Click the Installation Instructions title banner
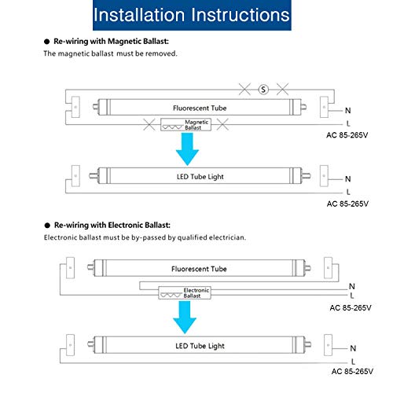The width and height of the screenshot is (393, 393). (x=192, y=15)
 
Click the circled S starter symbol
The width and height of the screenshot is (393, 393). (x=263, y=90)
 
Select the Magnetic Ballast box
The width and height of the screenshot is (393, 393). (x=185, y=125)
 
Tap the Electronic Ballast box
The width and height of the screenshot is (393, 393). (x=185, y=293)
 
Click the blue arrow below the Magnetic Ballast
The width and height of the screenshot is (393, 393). (x=187, y=149)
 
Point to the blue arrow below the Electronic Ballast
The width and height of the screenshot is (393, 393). (x=185, y=317)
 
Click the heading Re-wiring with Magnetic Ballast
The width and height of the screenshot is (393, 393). (x=111, y=42)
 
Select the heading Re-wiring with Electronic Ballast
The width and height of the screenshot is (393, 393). (x=112, y=226)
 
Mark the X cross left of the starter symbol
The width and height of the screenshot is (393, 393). (x=244, y=90)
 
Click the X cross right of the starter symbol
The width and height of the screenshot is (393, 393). (x=283, y=90)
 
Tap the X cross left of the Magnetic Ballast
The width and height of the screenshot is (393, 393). (x=149, y=124)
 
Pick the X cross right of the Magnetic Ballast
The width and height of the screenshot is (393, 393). (x=222, y=124)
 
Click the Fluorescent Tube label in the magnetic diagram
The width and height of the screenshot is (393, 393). (x=200, y=108)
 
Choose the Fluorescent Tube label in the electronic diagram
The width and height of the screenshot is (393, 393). (x=199, y=269)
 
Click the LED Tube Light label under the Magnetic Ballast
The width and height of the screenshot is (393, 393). (x=200, y=177)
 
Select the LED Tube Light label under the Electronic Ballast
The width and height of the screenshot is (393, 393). (x=200, y=346)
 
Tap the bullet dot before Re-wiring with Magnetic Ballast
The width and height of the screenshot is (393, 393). (x=47, y=42)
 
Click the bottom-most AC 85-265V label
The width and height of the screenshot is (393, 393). (x=352, y=371)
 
